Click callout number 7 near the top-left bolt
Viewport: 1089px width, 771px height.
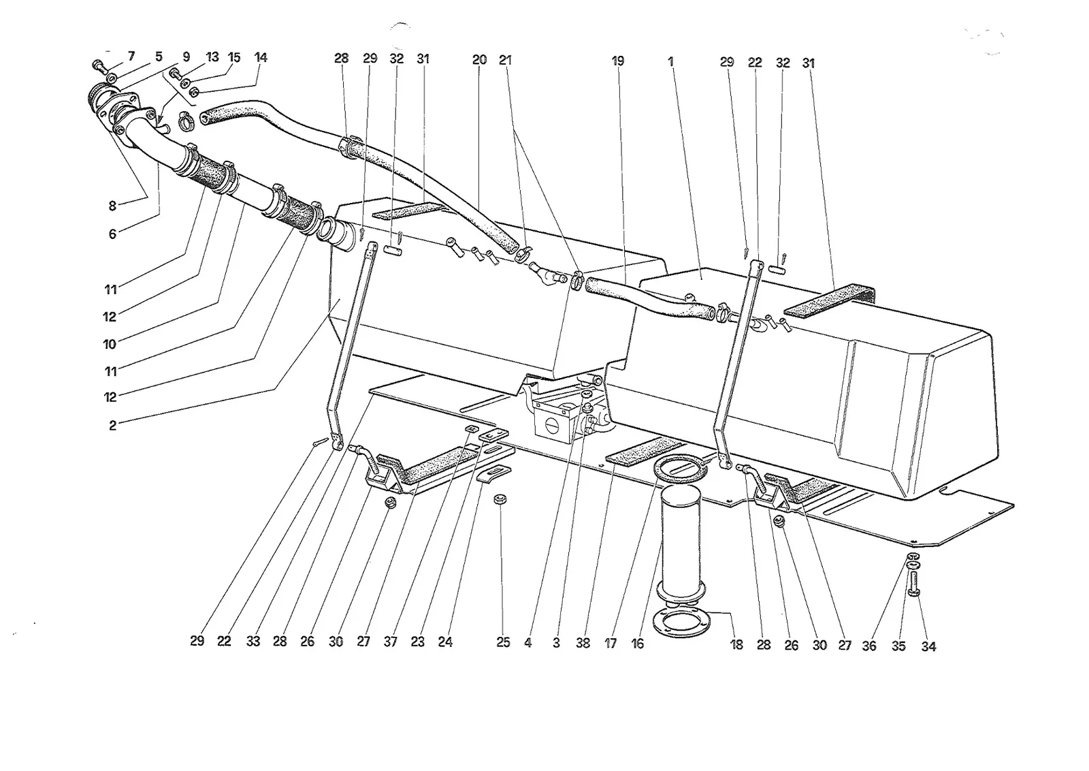131,57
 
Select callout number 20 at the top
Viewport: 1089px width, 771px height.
479,60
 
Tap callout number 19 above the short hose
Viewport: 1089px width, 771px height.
618,61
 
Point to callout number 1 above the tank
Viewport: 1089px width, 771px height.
671,62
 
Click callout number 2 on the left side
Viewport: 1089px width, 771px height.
113,426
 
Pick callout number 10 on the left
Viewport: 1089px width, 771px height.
110,345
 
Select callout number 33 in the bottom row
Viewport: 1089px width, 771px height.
253,642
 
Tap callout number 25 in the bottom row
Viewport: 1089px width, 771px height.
503,642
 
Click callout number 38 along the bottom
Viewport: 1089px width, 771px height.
583,644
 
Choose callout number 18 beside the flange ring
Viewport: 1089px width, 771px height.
736,645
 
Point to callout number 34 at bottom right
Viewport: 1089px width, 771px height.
928,646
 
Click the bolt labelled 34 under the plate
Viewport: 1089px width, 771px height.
913,584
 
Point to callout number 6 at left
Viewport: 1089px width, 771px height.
112,234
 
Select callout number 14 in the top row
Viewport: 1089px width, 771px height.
261,57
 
